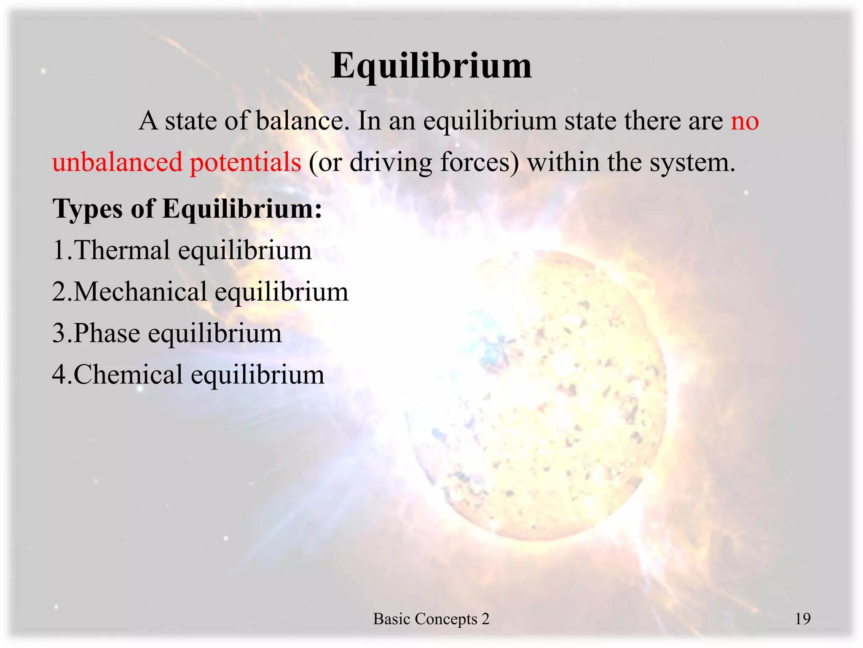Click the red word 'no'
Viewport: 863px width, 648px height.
745,121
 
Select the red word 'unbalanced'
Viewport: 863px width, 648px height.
118,162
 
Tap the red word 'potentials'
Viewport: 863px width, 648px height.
245,163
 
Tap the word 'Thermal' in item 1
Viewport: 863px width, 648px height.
122,250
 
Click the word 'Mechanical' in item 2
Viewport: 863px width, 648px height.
140,292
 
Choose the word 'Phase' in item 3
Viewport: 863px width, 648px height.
107,333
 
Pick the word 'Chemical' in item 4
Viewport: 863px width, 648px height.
128,375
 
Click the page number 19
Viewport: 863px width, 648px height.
802,619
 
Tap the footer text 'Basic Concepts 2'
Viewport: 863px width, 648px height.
431,619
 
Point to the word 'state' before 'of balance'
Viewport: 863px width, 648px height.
190,121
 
